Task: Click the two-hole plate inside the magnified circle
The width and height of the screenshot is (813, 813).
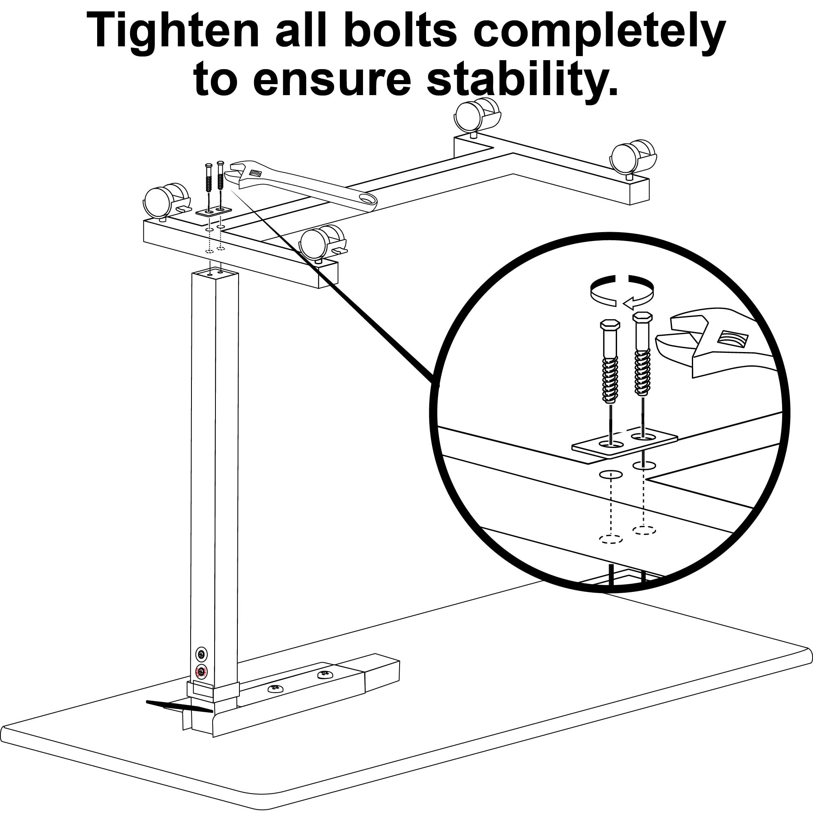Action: (x=624, y=443)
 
